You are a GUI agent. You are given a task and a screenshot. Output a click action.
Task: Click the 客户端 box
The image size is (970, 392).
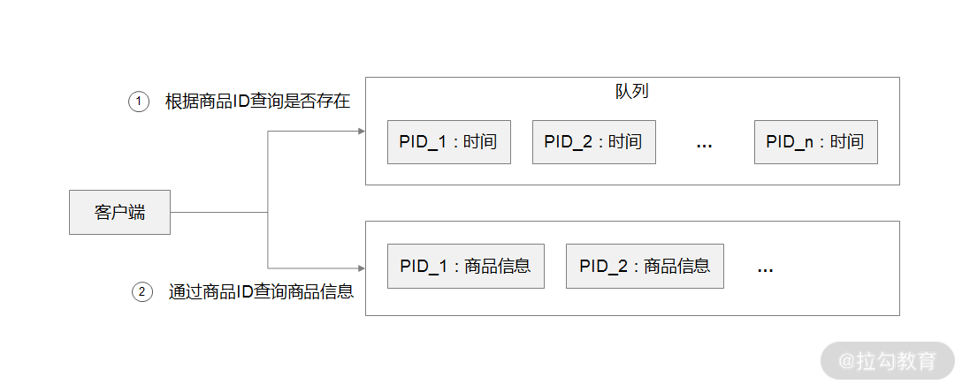pyautogui.click(x=119, y=212)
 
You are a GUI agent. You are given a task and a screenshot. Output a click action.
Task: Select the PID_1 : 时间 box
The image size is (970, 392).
pyautogui.click(x=449, y=142)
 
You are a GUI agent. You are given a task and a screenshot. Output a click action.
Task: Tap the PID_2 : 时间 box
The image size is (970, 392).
pyautogui.click(x=593, y=142)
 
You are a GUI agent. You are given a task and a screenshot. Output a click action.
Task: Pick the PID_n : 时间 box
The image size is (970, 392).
pyautogui.click(x=815, y=142)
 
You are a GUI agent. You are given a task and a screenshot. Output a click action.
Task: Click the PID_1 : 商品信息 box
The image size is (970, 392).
pyautogui.click(x=465, y=266)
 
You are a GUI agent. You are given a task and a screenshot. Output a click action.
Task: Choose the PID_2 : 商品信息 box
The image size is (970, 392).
pyautogui.click(x=645, y=266)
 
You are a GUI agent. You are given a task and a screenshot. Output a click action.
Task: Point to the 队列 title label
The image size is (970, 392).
pyautogui.click(x=632, y=92)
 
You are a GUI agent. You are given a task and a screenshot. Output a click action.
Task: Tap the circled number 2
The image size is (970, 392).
pyautogui.click(x=142, y=291)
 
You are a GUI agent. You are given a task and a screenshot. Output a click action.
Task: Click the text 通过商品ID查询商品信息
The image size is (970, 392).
pyautogui.click(x=262, y=291)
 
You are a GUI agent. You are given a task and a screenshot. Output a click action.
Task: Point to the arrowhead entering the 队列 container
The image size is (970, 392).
pyautogui.click(x=361, y=132)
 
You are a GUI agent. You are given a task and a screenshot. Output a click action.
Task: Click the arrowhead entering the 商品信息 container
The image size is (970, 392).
pyautogui.click(x=361, y=268)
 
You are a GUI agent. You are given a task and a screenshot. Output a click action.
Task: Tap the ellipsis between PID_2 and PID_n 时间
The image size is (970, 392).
pyautogui.click(x=705, y=145)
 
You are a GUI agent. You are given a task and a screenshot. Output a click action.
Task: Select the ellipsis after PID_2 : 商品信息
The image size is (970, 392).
pyautogui.click(x=766, y=269)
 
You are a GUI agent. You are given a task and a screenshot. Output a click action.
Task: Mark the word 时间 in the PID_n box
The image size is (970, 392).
pyautogui.click(x=846, y=142)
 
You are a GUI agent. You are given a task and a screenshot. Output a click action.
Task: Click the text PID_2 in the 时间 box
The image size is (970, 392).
pyautogui.click(x=568, y=142)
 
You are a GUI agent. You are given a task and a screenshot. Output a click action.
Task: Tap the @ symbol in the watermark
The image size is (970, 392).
pyautogui.click(x=846, y=361)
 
